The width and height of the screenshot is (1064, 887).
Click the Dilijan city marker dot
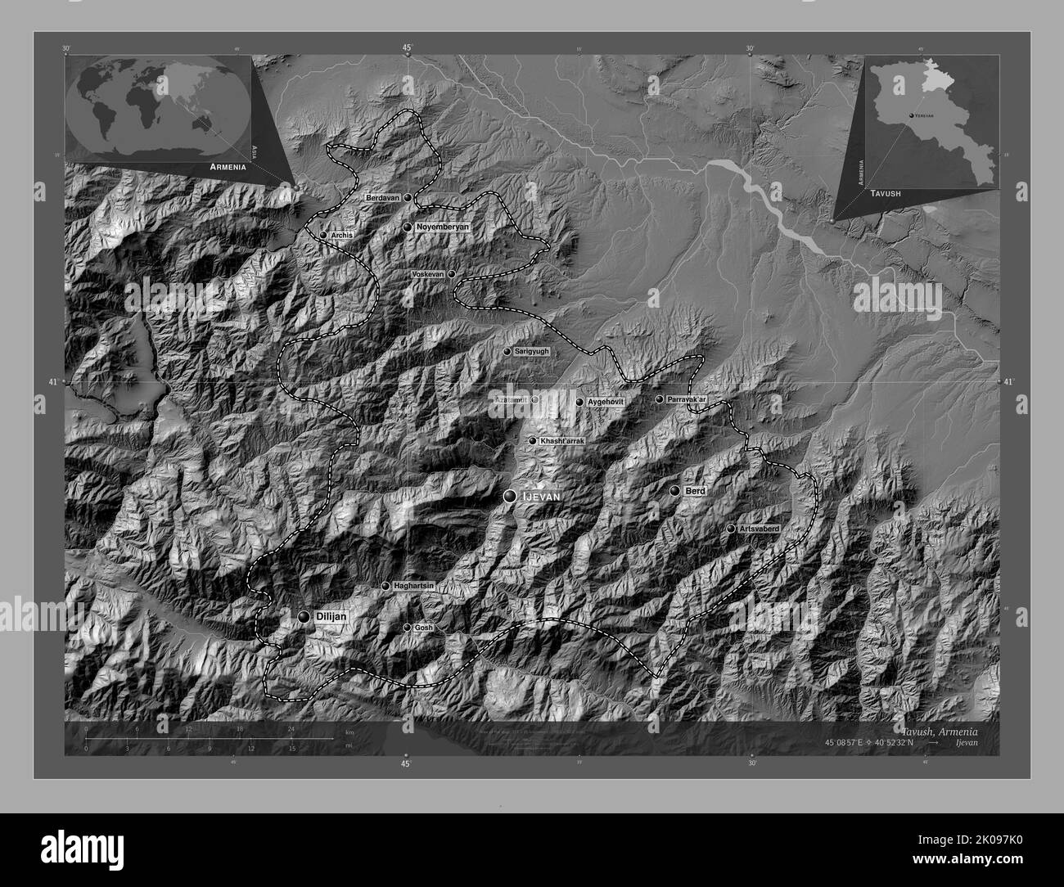pyautogui.click(x=304, y=617)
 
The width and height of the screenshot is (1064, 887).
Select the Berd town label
pyautogui.click(x=695, y=490)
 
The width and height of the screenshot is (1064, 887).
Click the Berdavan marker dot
pyautogui.click(x=408, y=197)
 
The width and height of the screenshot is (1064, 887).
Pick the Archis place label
pyautogui.click(x=342, y=235)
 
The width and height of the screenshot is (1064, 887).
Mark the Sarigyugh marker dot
pyautogui.click(x=507, y=351)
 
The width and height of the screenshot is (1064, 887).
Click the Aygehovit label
pyautogui.click(x=606, y=403)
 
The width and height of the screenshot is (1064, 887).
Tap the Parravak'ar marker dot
pyautogui.click(x=659, y=399)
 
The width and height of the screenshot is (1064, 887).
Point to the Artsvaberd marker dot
pyautogui.click(x=731, y=529)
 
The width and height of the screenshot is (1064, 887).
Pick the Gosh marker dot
pyautogui.click(x=408, y=628)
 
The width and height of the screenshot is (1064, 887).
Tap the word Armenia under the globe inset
pyautogui.click(x=228, y=166)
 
